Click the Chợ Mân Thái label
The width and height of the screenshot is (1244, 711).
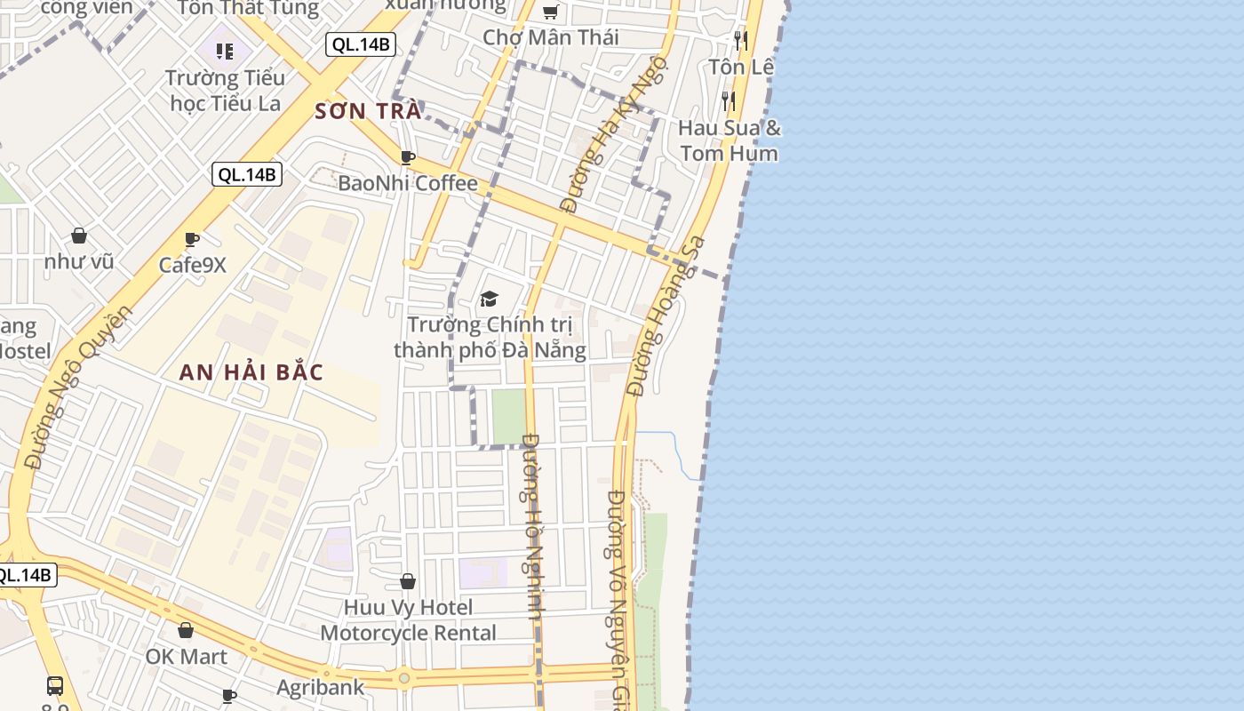551,37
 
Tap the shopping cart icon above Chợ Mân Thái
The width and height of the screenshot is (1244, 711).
550,12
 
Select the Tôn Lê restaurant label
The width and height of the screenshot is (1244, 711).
741,67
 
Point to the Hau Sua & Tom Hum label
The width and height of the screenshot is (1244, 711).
730,140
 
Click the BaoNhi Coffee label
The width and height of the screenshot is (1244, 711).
408,184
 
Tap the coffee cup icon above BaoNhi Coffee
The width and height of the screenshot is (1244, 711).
408,157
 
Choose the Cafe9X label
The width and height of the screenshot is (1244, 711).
193,265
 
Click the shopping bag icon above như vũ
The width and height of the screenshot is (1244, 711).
79,236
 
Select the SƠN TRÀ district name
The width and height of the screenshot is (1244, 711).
368,112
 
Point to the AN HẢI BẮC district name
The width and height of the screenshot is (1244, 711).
251,372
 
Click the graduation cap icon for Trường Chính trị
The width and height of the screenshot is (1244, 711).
490,299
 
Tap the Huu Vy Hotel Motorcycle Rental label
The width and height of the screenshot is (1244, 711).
408,620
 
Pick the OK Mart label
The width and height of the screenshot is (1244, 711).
187,657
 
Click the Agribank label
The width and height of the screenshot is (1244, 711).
320,687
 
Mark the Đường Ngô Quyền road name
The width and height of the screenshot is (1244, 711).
78,387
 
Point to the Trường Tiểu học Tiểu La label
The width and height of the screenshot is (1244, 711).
225,90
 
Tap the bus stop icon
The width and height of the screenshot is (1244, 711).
55,685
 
